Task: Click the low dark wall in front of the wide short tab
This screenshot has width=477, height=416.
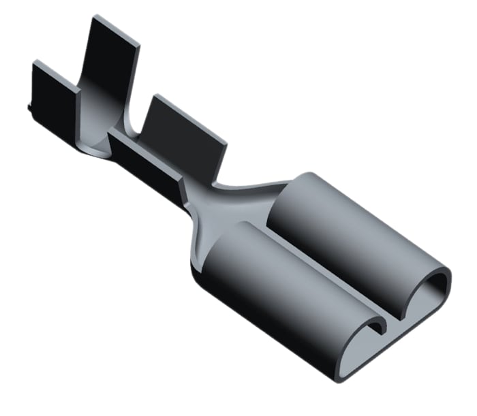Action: [x=147, y=160]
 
